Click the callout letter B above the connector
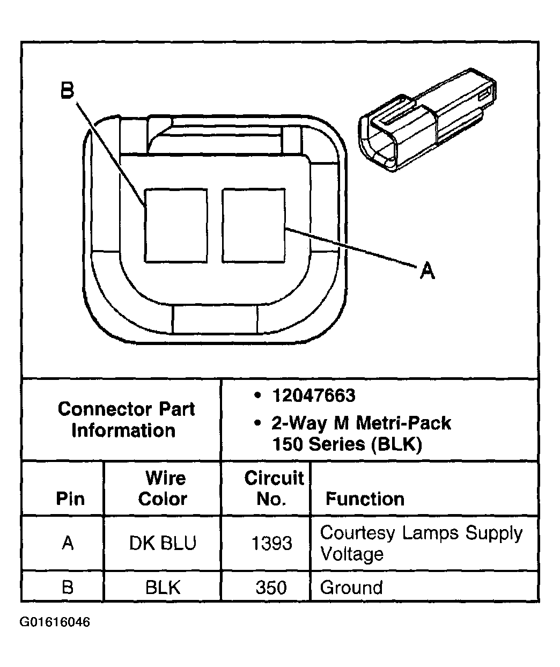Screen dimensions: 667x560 pos(67,90)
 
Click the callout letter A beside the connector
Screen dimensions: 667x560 pos(427,270)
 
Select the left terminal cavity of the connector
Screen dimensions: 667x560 pos(176,225)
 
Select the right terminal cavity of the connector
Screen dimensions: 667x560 pos(253,225)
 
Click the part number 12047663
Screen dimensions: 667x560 pos(313,396)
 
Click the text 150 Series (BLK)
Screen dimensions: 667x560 pos(347,444)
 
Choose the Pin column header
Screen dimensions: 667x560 pos(70,499)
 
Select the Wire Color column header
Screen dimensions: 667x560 pos(163,488)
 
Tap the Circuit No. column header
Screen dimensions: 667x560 pos(273,488)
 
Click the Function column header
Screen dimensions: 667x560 pos(365,499)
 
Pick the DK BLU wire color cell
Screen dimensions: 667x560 pos(163,543)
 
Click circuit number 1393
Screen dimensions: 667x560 pos(271,544)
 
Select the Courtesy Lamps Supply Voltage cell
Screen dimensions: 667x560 pos(421,543)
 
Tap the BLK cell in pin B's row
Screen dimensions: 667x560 pos(163,587)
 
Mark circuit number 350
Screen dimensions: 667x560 pos(271,588)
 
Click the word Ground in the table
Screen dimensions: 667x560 pos(351,588)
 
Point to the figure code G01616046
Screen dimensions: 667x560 pos(55,622)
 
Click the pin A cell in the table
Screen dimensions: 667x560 pos(68,543)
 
